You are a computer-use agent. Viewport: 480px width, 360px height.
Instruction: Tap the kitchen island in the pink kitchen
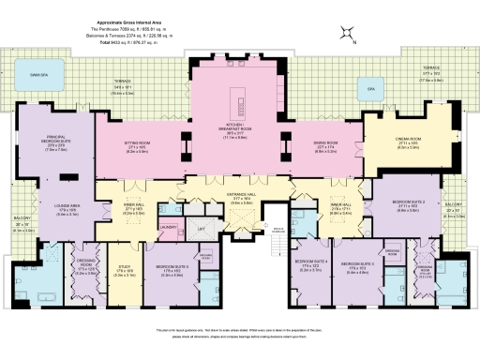click(x=240, y=99)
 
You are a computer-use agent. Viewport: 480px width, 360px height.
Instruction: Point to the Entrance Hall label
click(x=241, y=198)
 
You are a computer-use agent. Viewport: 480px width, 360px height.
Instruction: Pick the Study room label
click(x=123, y=271)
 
